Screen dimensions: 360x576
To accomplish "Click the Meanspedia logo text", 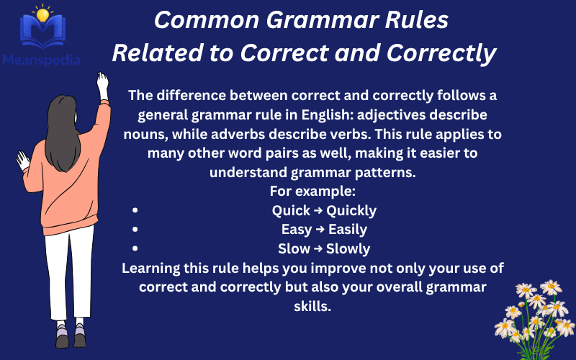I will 40,58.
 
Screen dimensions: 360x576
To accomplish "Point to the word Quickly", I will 351,211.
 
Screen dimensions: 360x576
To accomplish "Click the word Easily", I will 348,230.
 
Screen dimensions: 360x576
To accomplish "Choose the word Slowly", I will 348,249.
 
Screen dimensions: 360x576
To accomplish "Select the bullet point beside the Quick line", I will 135,211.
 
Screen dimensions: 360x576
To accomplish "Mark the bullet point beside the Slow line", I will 135,249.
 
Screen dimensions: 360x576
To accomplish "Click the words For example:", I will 313,192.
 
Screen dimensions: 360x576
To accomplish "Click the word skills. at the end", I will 310,305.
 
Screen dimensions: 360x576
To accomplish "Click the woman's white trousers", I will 69,274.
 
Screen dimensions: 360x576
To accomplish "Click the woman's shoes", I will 71,337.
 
